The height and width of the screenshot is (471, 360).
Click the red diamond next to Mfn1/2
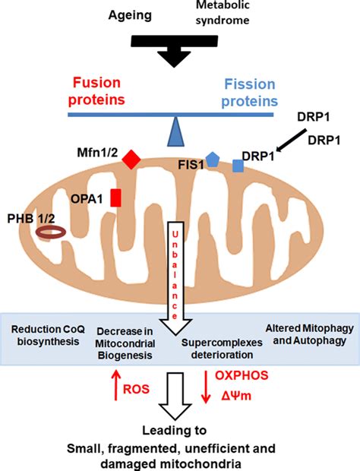[x=131, y=160]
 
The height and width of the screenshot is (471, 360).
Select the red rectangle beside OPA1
[x=116, y=197]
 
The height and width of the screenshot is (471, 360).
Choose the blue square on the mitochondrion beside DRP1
[x=238, y=166]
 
